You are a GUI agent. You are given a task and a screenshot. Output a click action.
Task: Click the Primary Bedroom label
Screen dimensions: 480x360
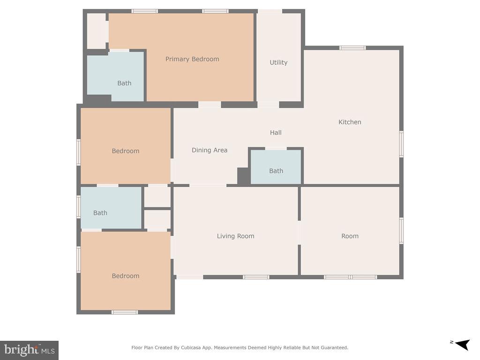[x=192, y=59]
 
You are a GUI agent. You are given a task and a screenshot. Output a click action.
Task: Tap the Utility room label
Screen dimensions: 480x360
[x=278, y=62]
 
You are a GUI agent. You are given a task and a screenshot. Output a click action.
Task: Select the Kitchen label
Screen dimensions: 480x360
[x=350, y=122]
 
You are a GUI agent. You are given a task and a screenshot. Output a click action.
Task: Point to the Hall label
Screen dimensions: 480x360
[x=276, y=133]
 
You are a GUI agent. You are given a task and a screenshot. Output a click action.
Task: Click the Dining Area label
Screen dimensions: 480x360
[x=210, y=150]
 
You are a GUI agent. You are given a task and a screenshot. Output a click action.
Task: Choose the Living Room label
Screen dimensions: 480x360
[x=235, y=236]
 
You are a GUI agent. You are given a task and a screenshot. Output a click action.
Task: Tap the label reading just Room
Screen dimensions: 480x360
[x=350, y=236]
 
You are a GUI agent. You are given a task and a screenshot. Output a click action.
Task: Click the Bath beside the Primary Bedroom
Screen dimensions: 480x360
[x=124, y=83]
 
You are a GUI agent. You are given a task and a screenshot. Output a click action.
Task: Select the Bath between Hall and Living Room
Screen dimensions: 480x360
[x=276, y=171]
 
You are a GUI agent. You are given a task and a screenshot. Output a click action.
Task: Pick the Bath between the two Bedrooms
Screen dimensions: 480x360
[x=100, y=213]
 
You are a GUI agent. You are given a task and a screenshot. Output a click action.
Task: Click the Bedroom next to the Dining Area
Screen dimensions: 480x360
[x=126, y=151]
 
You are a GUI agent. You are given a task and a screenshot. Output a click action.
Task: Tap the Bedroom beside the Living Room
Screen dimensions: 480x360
[x=126, y=276]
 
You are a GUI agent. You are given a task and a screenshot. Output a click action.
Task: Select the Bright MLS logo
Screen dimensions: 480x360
[x=29, y=350]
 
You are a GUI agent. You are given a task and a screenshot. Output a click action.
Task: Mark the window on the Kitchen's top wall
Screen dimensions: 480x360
[x=352, y=48]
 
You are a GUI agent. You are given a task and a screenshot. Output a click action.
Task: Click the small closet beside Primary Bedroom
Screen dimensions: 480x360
[x=97, y=31]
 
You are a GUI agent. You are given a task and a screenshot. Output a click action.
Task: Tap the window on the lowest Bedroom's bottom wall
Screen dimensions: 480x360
[x=125, y=312]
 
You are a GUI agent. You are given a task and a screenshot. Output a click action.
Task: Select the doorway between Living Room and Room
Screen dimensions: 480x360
[x=300, y=232]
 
